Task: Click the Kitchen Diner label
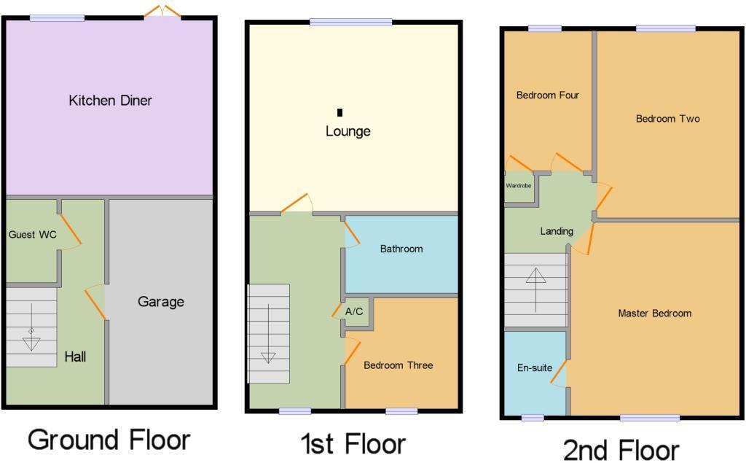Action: [111, 101]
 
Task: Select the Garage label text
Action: [161, 302]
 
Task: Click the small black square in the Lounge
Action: [340, 112]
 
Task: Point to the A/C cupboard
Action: [355, 311]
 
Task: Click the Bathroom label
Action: [401, 249]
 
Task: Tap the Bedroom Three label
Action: [398, 365]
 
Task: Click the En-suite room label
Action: [535, 368]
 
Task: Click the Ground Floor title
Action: [109, 440]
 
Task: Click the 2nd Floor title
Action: [621, 449]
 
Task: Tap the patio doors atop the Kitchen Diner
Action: [162, 11]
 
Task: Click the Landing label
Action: [557, 231]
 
